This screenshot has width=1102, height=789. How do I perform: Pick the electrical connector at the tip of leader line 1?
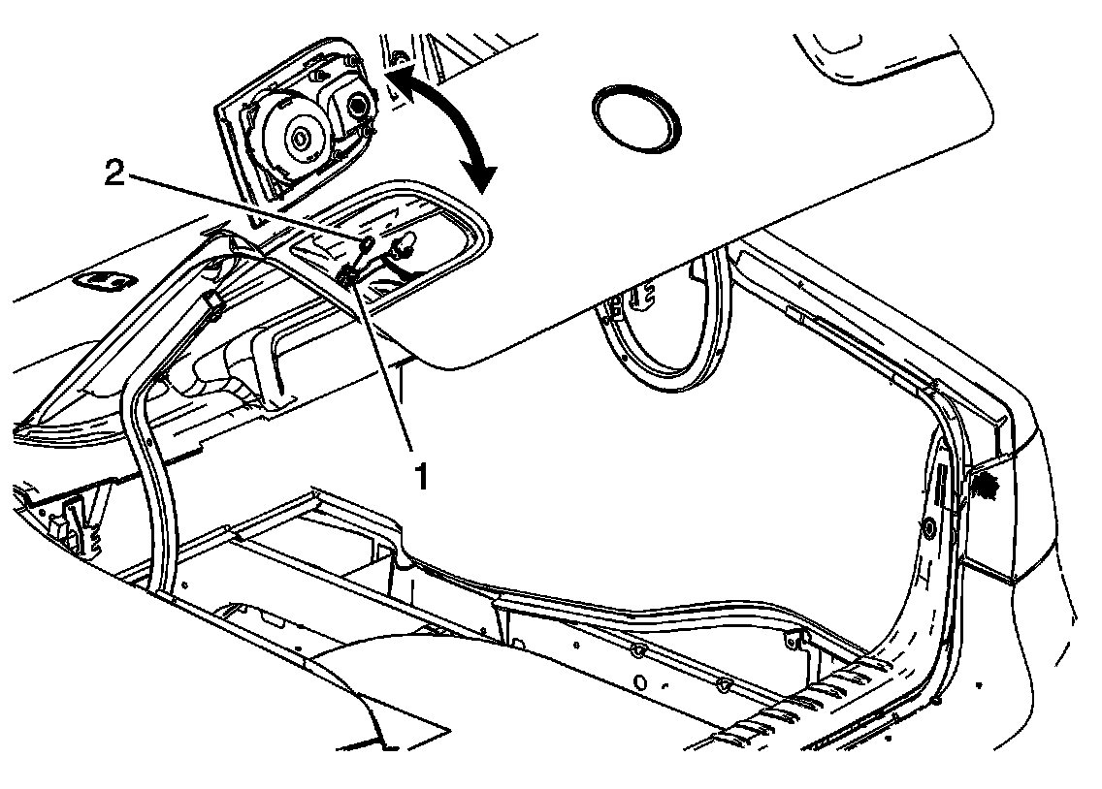point(347,277)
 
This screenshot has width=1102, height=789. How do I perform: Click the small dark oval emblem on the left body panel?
point(106,280)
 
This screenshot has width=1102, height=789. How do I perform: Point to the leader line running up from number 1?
point(388,368)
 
